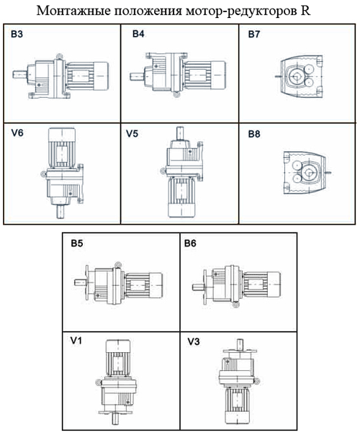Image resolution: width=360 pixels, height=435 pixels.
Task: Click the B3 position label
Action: click(x=17, y=35)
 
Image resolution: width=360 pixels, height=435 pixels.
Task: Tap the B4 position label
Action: click(x=138, y=34)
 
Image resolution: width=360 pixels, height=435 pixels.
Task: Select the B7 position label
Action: click(x=254, y=34)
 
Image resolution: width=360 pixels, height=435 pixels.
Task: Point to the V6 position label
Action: click(x=17, y=133)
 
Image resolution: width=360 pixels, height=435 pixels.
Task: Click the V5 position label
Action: click(x=132, y=134)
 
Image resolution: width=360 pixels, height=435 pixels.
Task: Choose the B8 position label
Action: click(x=254, y=134)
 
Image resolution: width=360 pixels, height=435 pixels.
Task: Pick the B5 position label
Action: click(x=77, y=243)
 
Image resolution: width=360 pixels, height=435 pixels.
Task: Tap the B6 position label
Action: click(x=190, y=243)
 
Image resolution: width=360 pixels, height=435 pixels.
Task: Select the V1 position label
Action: click(x=76, y=341)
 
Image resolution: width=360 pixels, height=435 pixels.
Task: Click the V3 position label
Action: click(x=194, y=341)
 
